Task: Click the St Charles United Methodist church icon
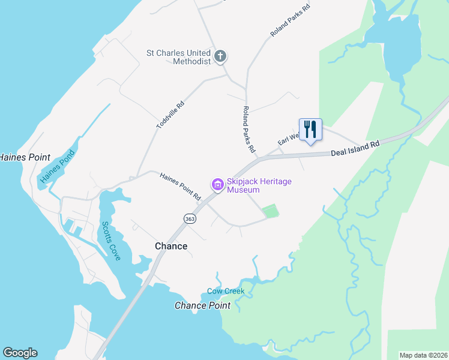point(220,57)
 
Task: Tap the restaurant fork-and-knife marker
point(310,129)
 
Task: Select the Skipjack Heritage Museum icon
point(217,185)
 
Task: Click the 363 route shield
point(190,219)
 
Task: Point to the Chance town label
point(171,246)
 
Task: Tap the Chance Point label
point(202,305)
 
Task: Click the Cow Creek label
point(226,291)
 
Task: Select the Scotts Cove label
point(112,241)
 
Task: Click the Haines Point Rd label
point(180,186)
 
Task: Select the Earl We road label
point(289,139)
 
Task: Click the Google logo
point(20,353)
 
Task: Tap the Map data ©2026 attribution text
point(423,355)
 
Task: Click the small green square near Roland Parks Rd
point(271,211)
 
